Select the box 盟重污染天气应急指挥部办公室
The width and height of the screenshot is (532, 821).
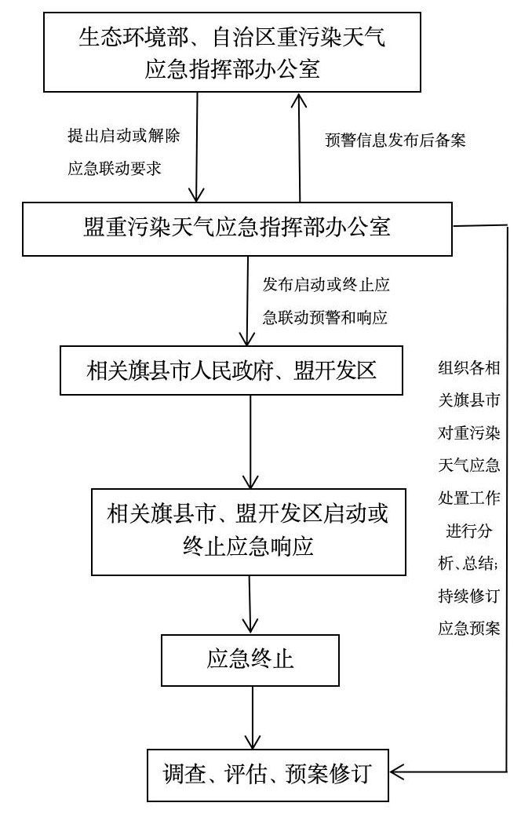tap(236, 228)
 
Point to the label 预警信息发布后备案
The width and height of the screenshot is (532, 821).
tap(395, 140)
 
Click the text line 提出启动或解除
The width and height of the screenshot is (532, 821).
tap(124, 135)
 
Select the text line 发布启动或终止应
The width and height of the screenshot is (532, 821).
tap(325, 284)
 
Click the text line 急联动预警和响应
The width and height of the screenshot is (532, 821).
tap(325, 317)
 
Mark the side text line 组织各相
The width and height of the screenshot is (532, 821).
tap(468, 367)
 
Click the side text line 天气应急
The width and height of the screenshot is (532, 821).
tap(468, 465)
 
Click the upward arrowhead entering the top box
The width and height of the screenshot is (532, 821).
tap(299, 100)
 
